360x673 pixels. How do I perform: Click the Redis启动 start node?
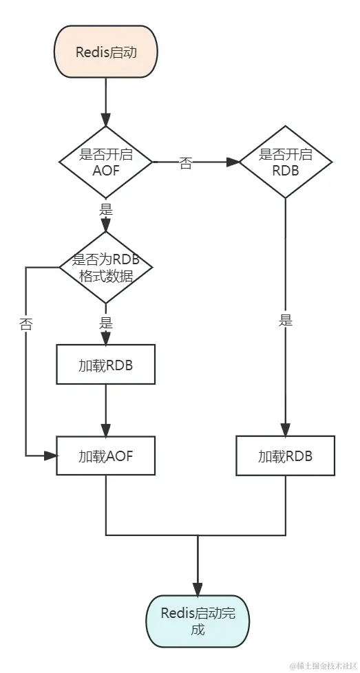[x=105, y=52]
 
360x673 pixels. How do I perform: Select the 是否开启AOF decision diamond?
[x=105, y=163]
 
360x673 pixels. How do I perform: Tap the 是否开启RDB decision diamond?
[x=285, y=162]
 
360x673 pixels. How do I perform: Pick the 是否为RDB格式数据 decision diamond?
[x=105, y=267]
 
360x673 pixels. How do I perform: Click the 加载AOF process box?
[x=105, y=455]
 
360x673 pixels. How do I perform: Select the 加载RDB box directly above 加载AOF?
[x=105, y=365]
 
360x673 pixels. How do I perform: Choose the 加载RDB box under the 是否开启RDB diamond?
[x=285, y=455]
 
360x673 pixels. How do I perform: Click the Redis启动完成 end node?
[x=198, y=621]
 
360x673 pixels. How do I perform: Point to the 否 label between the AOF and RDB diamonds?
[x=186, y=164]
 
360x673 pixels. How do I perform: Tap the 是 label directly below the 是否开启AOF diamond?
[x=105, y=210]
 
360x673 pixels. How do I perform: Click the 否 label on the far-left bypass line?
[x=26, y=325]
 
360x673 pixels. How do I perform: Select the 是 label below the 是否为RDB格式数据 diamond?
[x=105, y=321]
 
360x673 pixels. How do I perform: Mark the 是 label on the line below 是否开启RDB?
[x=285, y=320]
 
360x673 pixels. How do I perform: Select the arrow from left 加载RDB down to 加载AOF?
[x=105, y=409]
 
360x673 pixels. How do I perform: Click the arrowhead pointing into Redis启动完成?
[x=198, y=588]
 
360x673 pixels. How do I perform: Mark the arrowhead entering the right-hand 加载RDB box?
[x=285, y=429]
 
